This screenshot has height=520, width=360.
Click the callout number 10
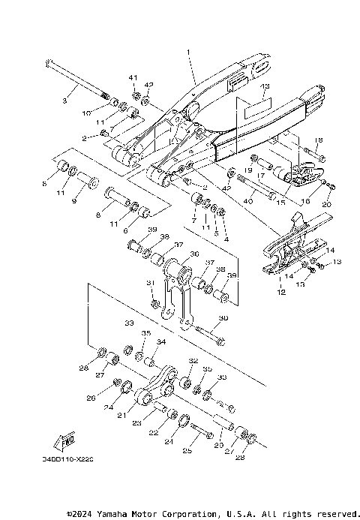87,113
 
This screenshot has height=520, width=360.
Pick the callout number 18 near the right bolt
318,140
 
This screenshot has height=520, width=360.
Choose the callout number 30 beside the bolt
223,318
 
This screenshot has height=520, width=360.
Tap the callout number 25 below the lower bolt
187,451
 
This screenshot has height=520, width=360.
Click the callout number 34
160,341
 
